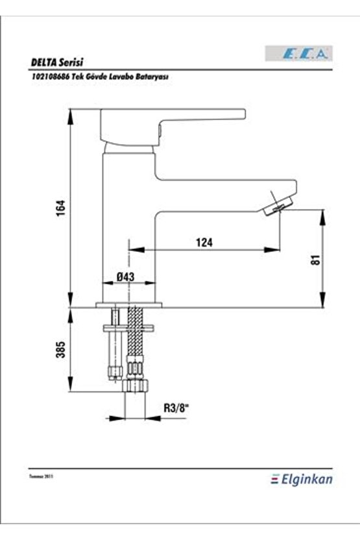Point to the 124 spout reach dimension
click(204, 242)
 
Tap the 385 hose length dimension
click(60, 351)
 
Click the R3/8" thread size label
click(175, 408)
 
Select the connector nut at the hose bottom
click(136, 385)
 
